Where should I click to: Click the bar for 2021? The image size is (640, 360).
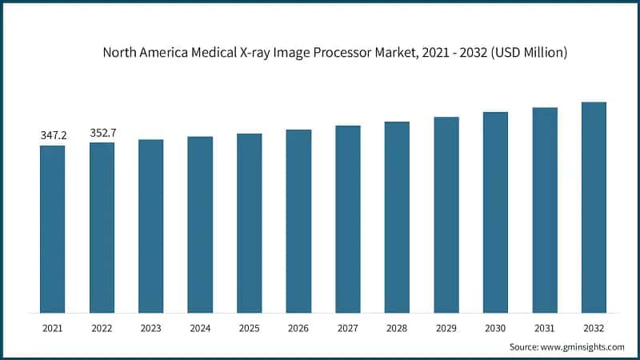pos(53,229)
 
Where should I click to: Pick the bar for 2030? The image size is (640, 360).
pos(495,212)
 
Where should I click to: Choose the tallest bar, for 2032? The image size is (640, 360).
pos(594,207)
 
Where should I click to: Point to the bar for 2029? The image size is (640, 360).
pos(446,214)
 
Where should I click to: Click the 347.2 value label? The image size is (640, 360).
pos(54,136)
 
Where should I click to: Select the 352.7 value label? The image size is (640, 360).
pos(102,133)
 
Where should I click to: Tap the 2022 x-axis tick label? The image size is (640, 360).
pos(102,328)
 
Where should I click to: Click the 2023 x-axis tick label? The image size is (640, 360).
pos(151,328)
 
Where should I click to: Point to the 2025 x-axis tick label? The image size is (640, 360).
pos(250,328)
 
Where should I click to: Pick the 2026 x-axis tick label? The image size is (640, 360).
pos(298,328)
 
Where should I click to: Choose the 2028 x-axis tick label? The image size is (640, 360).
pos(397,328)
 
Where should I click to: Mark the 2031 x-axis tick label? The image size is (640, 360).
pos(545,328)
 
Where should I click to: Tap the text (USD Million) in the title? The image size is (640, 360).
pos(530,54)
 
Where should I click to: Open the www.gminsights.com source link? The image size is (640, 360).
pos(583,346)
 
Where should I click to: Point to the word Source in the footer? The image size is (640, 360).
pos(523,346)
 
